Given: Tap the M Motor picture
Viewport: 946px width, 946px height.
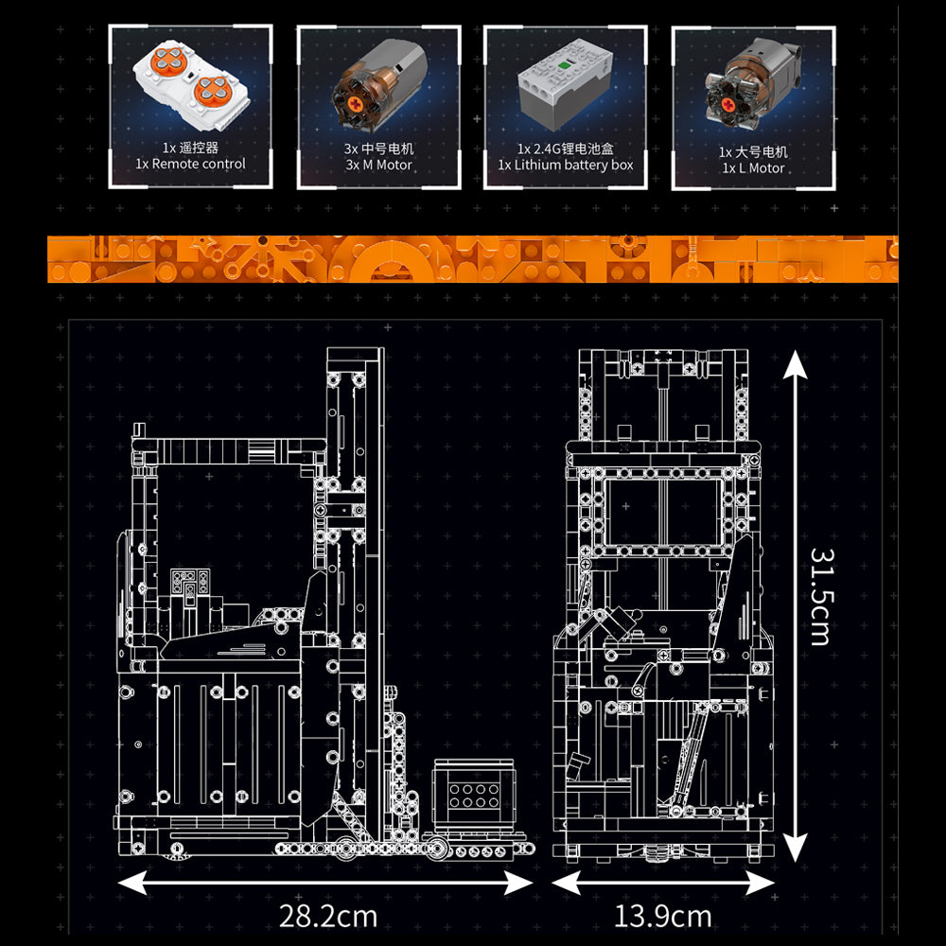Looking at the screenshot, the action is [379, 85].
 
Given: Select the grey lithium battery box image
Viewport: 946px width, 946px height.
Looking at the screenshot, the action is [565, 84].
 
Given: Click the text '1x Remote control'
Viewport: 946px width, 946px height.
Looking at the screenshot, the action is [191, 164].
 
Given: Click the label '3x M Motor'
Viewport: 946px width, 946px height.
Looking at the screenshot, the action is [379, 165].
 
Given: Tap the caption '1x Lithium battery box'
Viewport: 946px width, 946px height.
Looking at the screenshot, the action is [566, 165].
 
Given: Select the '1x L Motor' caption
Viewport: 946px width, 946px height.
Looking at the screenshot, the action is [753, 168].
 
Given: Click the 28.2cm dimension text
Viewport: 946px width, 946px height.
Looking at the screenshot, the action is [328, 917].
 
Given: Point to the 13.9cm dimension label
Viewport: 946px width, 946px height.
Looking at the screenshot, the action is [662, 917].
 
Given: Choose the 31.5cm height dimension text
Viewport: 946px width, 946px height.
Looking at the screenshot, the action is [820, 597].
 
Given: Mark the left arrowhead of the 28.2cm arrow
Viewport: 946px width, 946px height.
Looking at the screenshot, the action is [131, 883].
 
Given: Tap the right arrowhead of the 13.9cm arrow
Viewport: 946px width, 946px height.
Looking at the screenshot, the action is [761, 884].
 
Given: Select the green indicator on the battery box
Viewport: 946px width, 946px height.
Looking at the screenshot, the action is [565, 65].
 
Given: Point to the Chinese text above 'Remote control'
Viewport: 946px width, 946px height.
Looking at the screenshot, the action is [191, 148].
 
